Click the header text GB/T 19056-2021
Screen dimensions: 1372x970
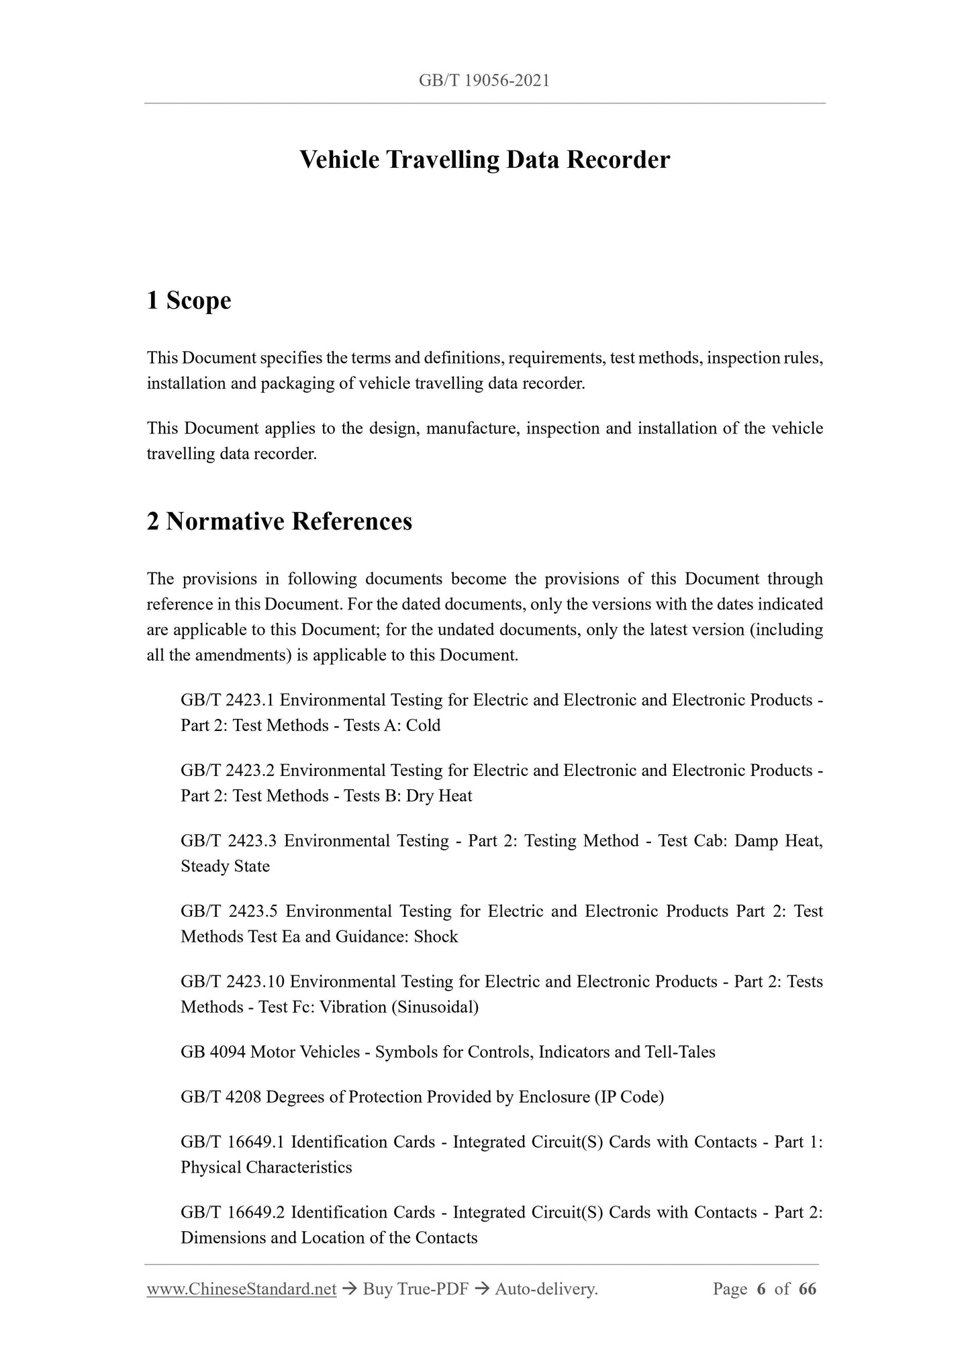[x=484, y=81]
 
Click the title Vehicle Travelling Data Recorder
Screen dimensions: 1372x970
[x=484, y=160]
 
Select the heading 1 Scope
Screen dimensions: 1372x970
[x=189, y=300]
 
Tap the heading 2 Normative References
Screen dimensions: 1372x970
[x=279, y=521]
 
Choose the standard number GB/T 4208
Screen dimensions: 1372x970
[x=221, y=1097]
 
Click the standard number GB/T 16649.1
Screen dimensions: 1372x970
[x=232, y=1142]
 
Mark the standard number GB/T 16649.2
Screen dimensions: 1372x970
[x=232, y=1212]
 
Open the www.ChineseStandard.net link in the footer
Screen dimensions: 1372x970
[x=242, y=1289]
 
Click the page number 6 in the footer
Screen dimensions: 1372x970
[x=761, y=1289]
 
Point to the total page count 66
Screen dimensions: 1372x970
[x=808, y=1289]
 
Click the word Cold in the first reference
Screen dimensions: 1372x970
[x=423, y=726]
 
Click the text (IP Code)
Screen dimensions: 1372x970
[x=628, y=1097]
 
